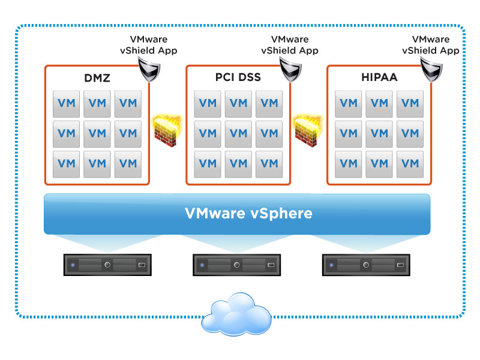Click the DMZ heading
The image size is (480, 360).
click(x=97, y=78)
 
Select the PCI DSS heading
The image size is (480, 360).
click(x=238, y=77)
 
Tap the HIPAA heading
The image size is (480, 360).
click(x=379, y=77)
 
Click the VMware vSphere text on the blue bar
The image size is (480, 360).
click(x=248, y=213)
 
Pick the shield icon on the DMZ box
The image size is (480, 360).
click(x=149, y=70)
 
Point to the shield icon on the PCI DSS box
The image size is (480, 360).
click(x=290, y=70)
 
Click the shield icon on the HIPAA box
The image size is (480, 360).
click(x=431, y=70)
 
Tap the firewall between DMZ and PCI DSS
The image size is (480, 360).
click(x=167, y=131)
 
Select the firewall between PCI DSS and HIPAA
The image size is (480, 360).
click(x=308, y=131)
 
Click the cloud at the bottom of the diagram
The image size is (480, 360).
click(x=236, y=314)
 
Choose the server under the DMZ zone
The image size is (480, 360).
click(x=107, y=265)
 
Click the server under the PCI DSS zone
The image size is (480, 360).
click(x=236, y=265)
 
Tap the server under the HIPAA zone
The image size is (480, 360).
click(x=366, y=265)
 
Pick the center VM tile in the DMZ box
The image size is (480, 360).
click(x=97, y=134)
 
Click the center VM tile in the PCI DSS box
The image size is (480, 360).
click(x=238, y=134)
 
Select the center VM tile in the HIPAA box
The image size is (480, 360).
click(x=379, y=134)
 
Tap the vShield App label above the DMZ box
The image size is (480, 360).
click(x=148, y=50)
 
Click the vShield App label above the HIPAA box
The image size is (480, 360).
click(x=431, y=50)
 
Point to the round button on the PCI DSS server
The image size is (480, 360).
click(x=236, y=265)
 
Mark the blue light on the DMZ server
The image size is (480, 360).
click(x=73, y=265)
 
